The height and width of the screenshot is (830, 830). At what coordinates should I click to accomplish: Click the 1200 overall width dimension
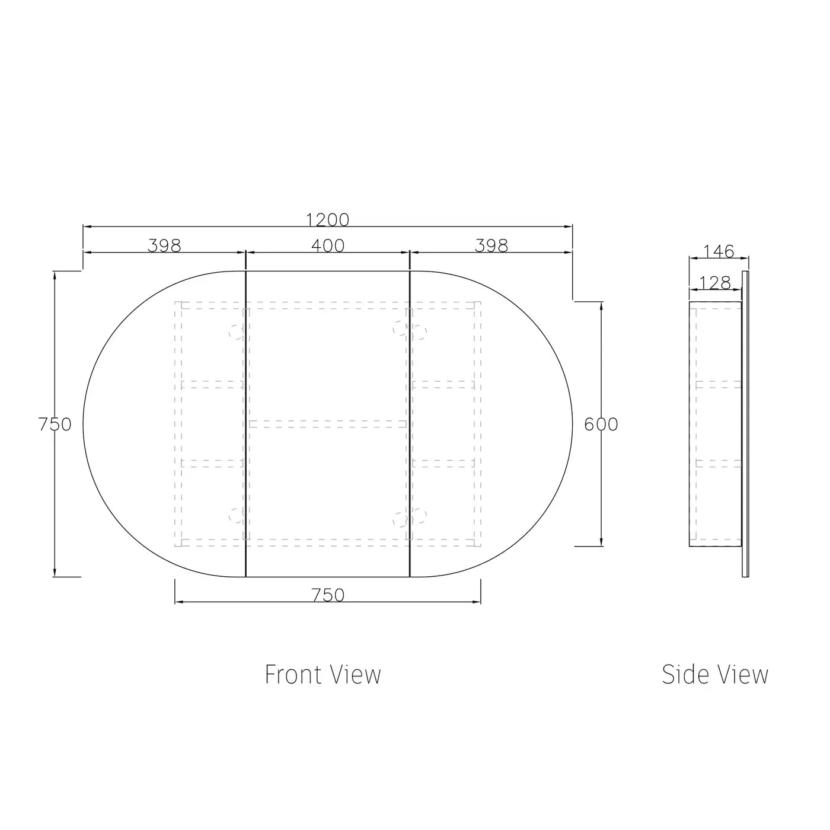click(x=327, y=220)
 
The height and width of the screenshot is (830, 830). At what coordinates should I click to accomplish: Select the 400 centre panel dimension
click(x=328, y=246)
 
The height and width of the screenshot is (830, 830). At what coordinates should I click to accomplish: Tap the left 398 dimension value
click(x=164, y=246)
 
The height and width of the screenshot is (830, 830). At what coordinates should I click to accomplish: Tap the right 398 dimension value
click(x=491, y=246)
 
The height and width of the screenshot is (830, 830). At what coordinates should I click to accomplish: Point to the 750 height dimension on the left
click(x=55, y=424)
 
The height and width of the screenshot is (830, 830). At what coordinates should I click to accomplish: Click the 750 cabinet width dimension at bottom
click(x=328, y=595)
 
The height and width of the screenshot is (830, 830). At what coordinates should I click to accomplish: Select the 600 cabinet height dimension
click(x=601, y=424)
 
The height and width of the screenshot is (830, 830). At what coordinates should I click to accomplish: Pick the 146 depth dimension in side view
click(x=719, y=251)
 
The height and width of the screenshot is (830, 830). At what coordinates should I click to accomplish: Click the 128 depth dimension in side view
click(x=715, y=283)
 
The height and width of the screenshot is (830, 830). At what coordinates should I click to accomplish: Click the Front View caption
click(x=323, y=675)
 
